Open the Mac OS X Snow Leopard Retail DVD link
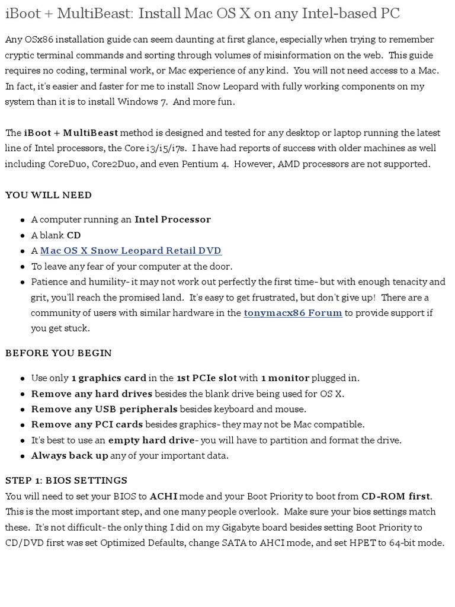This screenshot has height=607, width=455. [x=131, y=251]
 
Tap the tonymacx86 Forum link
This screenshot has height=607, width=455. [x=293, y=312]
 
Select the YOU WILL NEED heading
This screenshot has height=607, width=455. [x=49, y=195]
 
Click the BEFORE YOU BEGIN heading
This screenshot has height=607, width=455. [x=59, y=353]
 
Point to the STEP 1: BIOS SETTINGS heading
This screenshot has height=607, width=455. [x=66, y=480]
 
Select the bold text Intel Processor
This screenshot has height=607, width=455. [x=172, y=219]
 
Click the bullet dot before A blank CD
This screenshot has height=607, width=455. [x=23, y=236]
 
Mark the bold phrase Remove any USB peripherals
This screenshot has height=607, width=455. [x=104, y=409]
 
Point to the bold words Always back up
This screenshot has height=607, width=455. [x=69, y=455]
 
